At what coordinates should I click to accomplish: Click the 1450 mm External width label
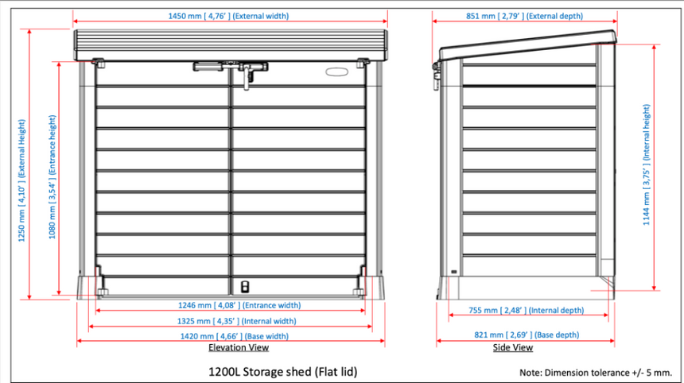[228, 16]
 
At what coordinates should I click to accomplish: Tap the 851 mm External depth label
[524, 16]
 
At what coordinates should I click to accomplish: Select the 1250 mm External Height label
[21, 180]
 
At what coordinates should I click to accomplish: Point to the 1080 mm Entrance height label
[52, 177]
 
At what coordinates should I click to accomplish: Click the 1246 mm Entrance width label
[239, 305]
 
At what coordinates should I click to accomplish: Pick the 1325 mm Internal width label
[236, 321]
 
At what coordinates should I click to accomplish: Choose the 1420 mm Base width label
[235, 336]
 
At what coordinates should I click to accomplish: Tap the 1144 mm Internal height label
[646, 164]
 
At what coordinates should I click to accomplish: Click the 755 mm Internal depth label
[526, 310]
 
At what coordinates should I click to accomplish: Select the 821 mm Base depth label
[527, 335]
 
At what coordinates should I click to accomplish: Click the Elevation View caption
[239, 347]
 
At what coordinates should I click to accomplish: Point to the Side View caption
[513, 347]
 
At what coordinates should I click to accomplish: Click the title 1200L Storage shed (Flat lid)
[282, 372]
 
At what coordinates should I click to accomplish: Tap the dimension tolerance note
[596, 373]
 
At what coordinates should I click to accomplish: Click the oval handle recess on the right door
[336, 72]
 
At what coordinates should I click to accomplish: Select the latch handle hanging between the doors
[247, 77]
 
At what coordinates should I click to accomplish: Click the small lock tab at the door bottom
[245, 287]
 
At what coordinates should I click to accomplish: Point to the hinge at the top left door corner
[99, 64]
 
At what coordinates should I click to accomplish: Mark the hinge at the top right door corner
[363, 64]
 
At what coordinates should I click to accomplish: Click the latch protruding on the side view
[436, 75]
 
